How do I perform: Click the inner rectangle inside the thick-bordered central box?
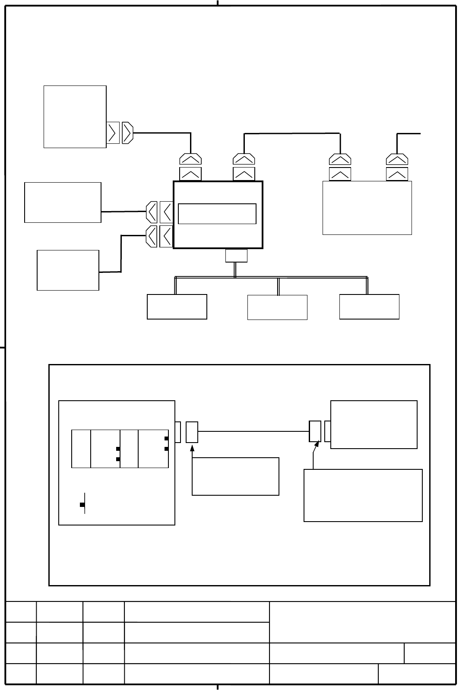click(x=217, y=214)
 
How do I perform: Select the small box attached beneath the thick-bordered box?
click(x=236, y=256)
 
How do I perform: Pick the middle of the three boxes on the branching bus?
click(x=277, y=307)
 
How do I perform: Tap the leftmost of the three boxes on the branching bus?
click(x=177, y=307)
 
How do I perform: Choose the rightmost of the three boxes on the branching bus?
click(x=369, y=307)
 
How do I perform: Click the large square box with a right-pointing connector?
click(x=75, y=117)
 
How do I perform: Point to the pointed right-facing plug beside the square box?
click(x=128, y=133)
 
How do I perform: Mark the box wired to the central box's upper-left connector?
click(x=63, y=203)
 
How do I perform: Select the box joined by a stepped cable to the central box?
click(x=68, y=270)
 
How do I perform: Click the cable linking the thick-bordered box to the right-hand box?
click(x=292, y=134)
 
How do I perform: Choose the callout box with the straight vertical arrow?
click(x=235, y=476)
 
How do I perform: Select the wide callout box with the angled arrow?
click(x=363, y=495)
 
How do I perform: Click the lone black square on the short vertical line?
click(x=82, y=505)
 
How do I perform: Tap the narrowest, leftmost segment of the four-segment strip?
click(x=81, y=449)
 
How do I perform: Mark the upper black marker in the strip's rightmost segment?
click(x=166, y=439)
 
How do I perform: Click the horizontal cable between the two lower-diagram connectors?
click(x=253, y=431)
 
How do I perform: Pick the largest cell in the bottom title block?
click(x=362, y=622)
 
